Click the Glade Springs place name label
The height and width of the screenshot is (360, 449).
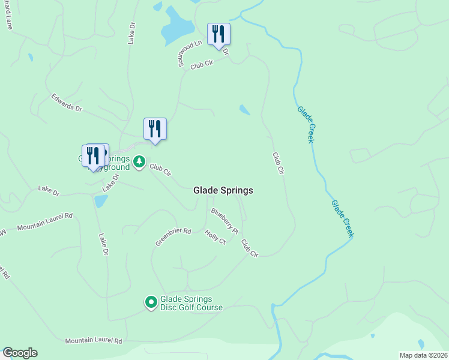point(223,190)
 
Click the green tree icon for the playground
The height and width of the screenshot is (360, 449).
point(139,161)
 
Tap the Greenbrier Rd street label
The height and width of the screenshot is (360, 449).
point(173,236)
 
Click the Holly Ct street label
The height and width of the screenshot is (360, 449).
point(215,237)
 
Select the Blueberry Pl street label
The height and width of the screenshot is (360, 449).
point(224,220)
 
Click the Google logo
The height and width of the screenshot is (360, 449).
point(20,353)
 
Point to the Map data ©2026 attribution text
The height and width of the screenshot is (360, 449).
point(423,355)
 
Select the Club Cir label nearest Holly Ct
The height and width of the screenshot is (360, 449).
point(249,248)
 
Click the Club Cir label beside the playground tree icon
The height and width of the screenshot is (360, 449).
point(161,170)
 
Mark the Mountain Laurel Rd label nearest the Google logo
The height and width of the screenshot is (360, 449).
point(93,341)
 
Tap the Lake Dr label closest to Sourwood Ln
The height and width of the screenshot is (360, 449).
point(131,34)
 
